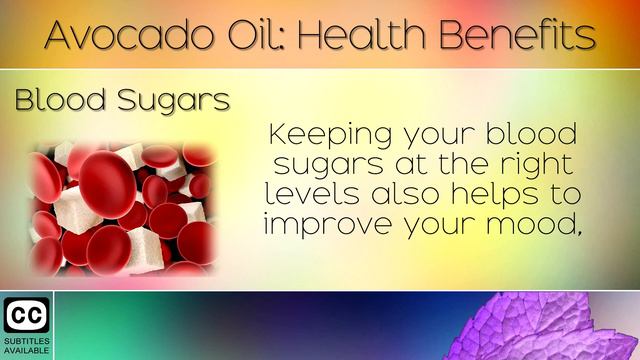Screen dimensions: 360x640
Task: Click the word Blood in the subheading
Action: pyautogui.click(x=56, y=101)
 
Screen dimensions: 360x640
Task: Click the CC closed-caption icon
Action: pyautogui.click(x=26, y=315)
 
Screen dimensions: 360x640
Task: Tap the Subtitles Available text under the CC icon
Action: pyautogui.click(x=26, y=347)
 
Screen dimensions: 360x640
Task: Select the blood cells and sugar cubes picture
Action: pyautogui.click(x=123, y=208)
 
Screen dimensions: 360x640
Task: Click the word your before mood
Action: pyautogui.click(x=433, y=226)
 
